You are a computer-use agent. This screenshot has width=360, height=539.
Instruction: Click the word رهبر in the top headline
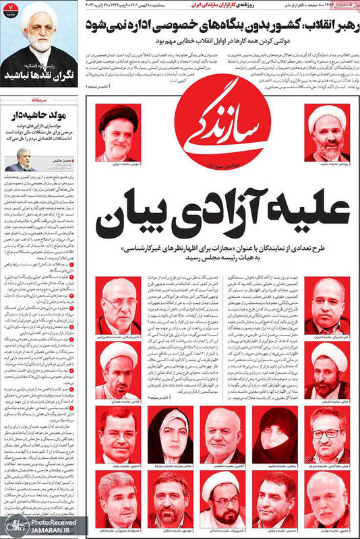click(x=336, y=28)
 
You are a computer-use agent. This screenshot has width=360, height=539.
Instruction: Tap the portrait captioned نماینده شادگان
click(x=222, y=495)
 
